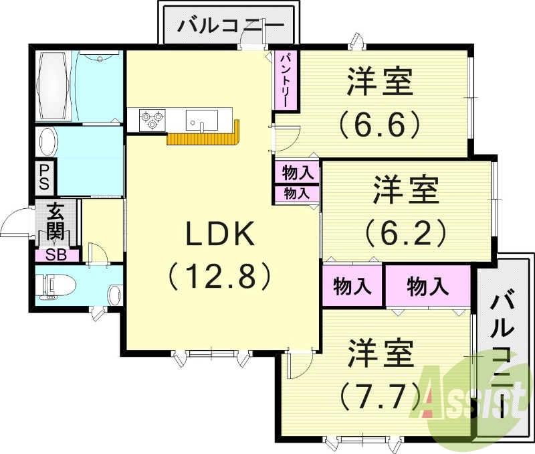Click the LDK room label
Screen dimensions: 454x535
coord(220,236)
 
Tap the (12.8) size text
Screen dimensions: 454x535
coord(220,275)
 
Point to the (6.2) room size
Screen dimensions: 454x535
coord(405,231)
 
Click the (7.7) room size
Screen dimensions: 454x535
coord(379,396)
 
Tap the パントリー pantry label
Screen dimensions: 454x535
coord(284,80)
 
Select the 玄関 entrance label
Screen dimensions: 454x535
coord(56,224)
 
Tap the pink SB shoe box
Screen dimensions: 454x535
coord(56,255)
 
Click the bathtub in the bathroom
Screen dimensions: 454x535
coord(53,85)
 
